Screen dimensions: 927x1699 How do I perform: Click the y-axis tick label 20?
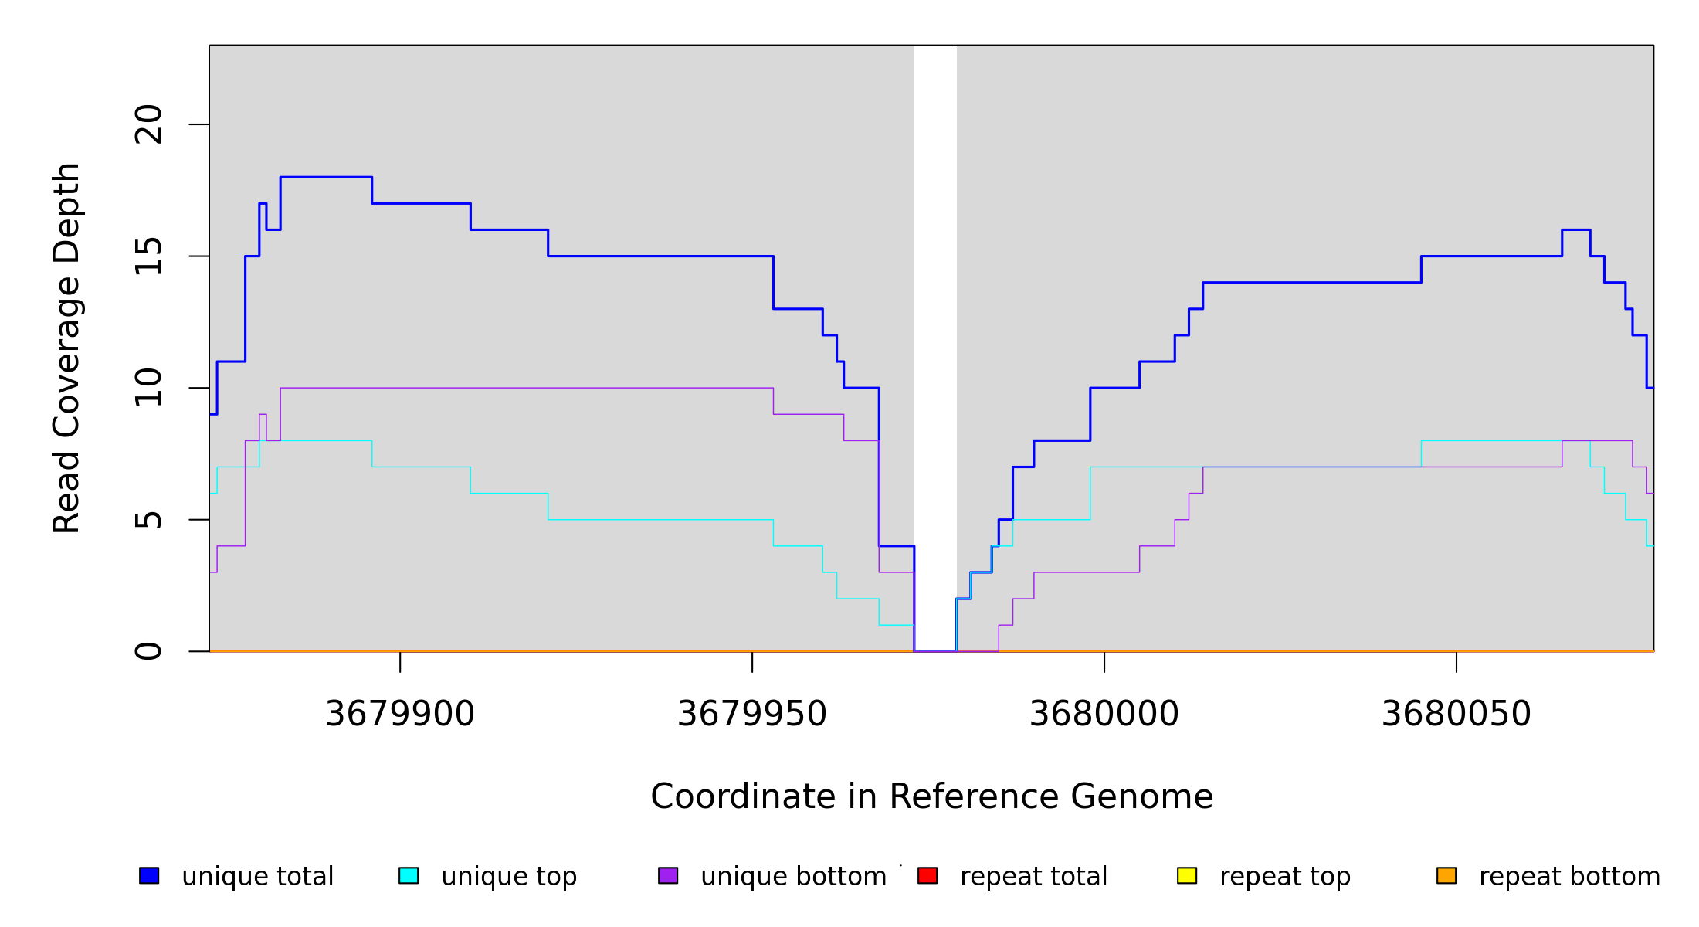coord(148,124)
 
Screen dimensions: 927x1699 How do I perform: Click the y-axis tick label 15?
coord(148,256)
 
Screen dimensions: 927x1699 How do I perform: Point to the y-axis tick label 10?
coord(148,388)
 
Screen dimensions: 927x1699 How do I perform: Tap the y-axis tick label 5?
coord(148,520)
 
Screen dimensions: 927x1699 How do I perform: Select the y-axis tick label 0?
coord(148,651)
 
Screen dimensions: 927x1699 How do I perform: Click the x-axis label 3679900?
coord(400,714)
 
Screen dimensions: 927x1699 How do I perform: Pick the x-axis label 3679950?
coord(752,714)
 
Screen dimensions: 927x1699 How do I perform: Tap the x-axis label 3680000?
coord(1104,714)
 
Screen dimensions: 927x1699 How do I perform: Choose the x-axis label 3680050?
coord(1457,714)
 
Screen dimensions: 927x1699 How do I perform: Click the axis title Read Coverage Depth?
coord(66,348)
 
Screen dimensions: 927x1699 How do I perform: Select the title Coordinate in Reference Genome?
coord(931,796)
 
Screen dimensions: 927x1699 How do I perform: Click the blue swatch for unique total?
coord(149,875)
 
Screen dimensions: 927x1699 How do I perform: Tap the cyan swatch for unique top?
coord(409,875)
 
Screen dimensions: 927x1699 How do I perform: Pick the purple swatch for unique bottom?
coord(668,875)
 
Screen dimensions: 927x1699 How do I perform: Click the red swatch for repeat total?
coord(927,875)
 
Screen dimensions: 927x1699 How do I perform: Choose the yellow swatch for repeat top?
coord(1187,875)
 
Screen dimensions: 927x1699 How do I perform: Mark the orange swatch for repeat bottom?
coord(1446,875)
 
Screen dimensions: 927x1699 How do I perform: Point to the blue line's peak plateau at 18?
coord(326,177)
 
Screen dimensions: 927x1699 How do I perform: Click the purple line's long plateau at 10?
coord(525,388)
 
